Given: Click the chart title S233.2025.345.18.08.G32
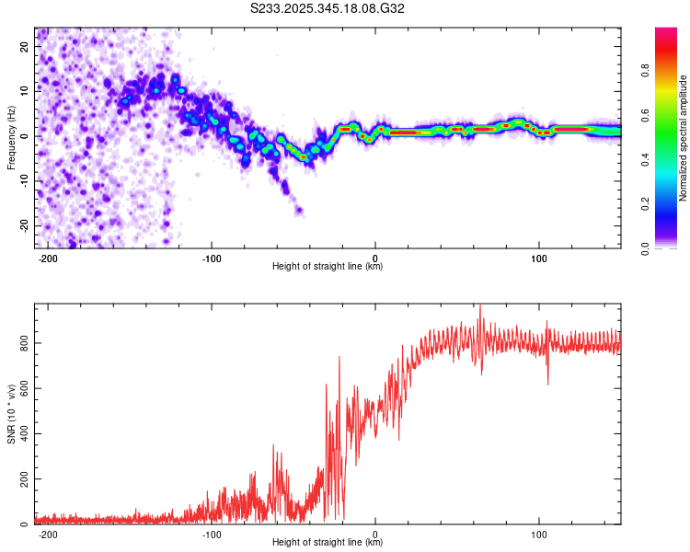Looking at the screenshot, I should point(328,8).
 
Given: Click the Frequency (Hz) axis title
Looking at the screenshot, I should point(11,137).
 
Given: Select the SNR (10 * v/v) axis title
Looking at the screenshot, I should point(11,414).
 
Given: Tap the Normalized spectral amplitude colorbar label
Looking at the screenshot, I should point(683,138).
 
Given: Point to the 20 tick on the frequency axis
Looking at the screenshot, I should point(26,46).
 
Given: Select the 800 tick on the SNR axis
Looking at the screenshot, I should point(22,342).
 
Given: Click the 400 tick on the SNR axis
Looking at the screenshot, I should point(22,433).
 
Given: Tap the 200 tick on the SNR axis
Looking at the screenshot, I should point(22,479).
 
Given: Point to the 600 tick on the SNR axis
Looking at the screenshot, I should point(22,388).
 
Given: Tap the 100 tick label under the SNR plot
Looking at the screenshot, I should point(538,535).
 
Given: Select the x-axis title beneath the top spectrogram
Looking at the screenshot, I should point(328,267).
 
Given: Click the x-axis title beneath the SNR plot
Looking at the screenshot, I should point(328,543).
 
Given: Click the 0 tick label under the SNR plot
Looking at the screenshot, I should point(375,535).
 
